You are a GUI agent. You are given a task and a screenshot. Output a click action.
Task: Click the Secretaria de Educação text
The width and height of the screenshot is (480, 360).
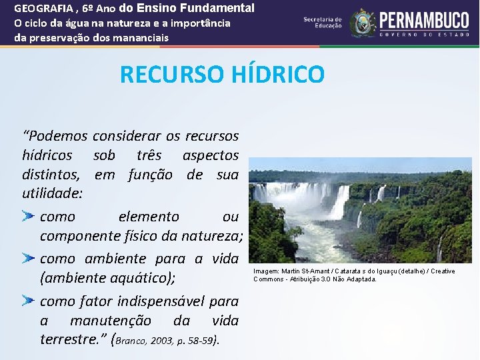click(x=322, y=23)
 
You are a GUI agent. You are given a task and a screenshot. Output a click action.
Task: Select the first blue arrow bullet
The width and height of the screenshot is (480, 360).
click(x=28, y=217)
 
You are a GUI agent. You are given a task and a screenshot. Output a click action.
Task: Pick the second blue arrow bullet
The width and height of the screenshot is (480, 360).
click(x=28, y=259)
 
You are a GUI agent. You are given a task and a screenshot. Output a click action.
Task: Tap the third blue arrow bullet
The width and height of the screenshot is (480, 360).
click(x=28, y=301)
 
